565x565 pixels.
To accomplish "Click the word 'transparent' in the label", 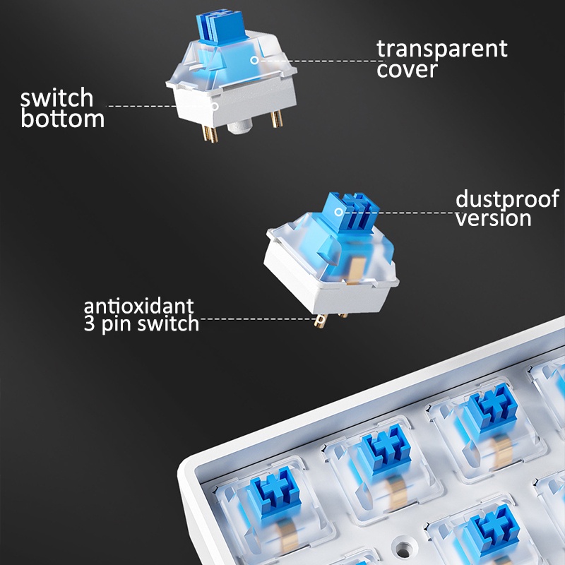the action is pyautogui.click(x=442, y=49).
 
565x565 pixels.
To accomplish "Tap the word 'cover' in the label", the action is pyautogui.click(x=407, y=70).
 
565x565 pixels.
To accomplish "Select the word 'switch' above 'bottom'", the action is pyautogui.click(x=56, y=97).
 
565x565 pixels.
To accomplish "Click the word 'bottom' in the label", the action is pyautogui.click(x=62, y=119).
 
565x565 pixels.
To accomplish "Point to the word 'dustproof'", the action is pyautogui.click(x=507, y=199).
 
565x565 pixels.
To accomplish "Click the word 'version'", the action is pyautogui.click(x=493, y=218).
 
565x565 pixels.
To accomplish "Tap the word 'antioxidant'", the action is pyautogui.click(x=138, y=307).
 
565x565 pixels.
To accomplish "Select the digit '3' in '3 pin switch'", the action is pyautogui.click(x=90, y=323).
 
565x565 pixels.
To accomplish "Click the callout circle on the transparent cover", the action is pyautogui.click(x=254, y=60).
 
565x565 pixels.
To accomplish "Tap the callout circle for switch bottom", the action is pyautogui.click(x=215, y=106).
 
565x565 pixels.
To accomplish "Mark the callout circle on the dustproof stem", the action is pyautogui.click(x=338, y=212).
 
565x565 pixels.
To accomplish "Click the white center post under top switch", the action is pyautogui.click(x=240, y=127).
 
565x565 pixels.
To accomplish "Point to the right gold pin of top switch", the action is pyautogui.click(x=276, y=119).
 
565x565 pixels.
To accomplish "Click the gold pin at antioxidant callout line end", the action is pyautogui.click(x=320, y=321).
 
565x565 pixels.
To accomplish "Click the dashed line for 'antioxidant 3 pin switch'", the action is pyautogui.click(x=258, y=319).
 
